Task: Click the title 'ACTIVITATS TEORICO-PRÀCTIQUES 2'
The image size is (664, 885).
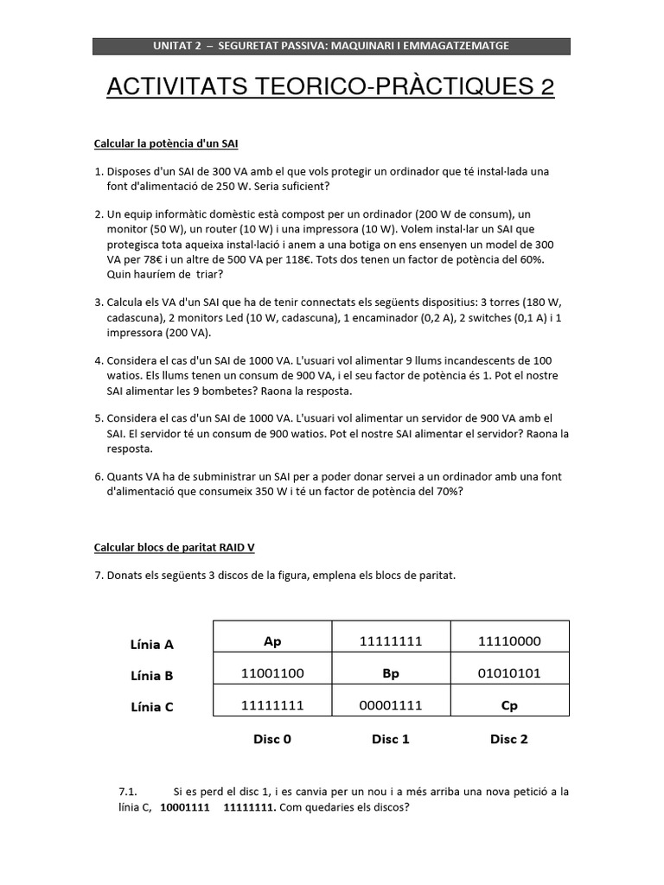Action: coord(330,86)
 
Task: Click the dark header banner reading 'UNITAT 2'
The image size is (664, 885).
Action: coord(331,46)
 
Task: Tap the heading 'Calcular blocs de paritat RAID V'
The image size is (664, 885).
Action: coord(174,548)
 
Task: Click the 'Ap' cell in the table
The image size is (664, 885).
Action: coord(272,641)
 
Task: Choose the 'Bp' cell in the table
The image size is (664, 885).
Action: coord(391,673)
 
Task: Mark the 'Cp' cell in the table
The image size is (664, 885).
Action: coord(509,705)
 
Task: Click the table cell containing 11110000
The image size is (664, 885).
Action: coord(509,641)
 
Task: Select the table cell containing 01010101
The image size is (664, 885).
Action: coord(509,673)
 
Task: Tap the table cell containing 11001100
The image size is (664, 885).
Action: coord(272,673)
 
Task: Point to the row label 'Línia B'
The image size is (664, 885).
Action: coord(151,676)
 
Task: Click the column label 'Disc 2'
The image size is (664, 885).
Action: coord(509,739)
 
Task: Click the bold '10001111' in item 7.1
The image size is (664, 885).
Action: coord(186,808)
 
